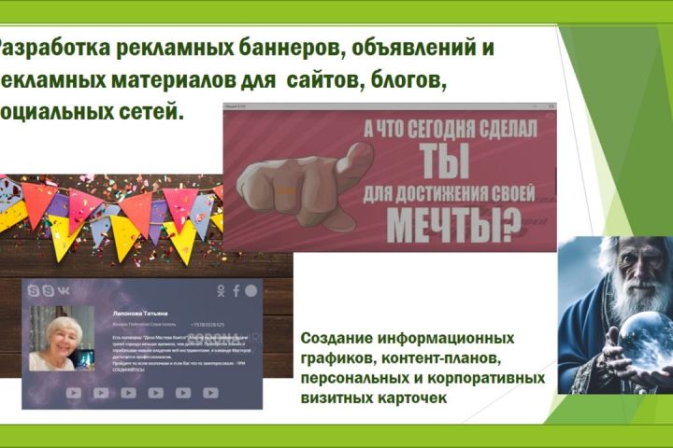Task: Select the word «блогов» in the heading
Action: (x=408, y=81)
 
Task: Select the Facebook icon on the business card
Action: (x=236, y=291)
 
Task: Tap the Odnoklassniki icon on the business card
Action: (x=222, y=291)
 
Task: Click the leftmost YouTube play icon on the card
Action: (x=74, y=393)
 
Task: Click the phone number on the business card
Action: (x=212, y=326)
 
